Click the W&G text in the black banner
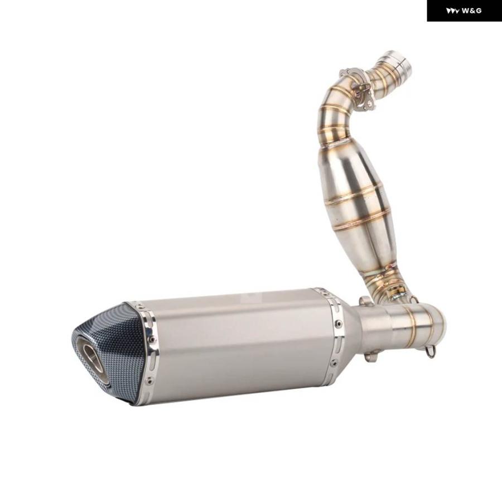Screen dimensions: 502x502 tap(471, 11)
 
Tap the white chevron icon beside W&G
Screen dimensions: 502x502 tap(453, 11)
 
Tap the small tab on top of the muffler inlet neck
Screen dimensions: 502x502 tap(366, 302)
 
